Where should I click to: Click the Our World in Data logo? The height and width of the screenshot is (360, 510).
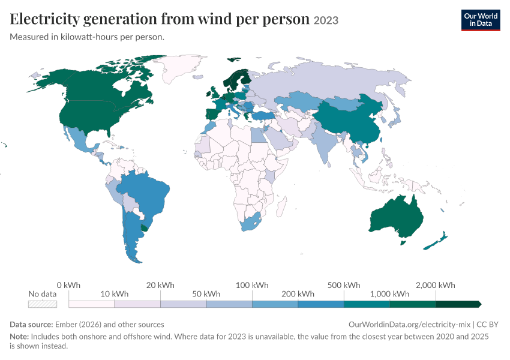pyautogui.click(x=481, y=20)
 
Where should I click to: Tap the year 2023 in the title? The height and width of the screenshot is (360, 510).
pyautogui.click(x=326, y=20)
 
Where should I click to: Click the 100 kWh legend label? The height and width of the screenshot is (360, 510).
pyautogui.click(x=252, y=285)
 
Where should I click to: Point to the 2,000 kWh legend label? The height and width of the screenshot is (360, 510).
pyautogui.click(x=436, y=285)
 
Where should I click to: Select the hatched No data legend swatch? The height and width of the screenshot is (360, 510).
pyautogui.click(x=43, y=304)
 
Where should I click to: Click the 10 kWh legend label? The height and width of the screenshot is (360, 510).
pyautogui.click(x=115, y=294)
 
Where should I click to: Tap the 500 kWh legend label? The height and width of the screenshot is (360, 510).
pyautogui.click(x=344, y=285)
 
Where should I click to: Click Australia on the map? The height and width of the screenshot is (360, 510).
pyautogui.click(x=397, y=216)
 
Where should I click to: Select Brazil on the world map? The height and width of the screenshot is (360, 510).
pyautogui.click(x=146, y=192)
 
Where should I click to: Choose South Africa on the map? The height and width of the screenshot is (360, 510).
pyautogui.click(x=250, y=222)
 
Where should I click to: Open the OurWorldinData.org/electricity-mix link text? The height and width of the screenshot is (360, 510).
pyautogui.click(x=409, y=325)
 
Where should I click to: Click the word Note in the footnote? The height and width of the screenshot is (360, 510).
pyautogui.click(x=19, y=336)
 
